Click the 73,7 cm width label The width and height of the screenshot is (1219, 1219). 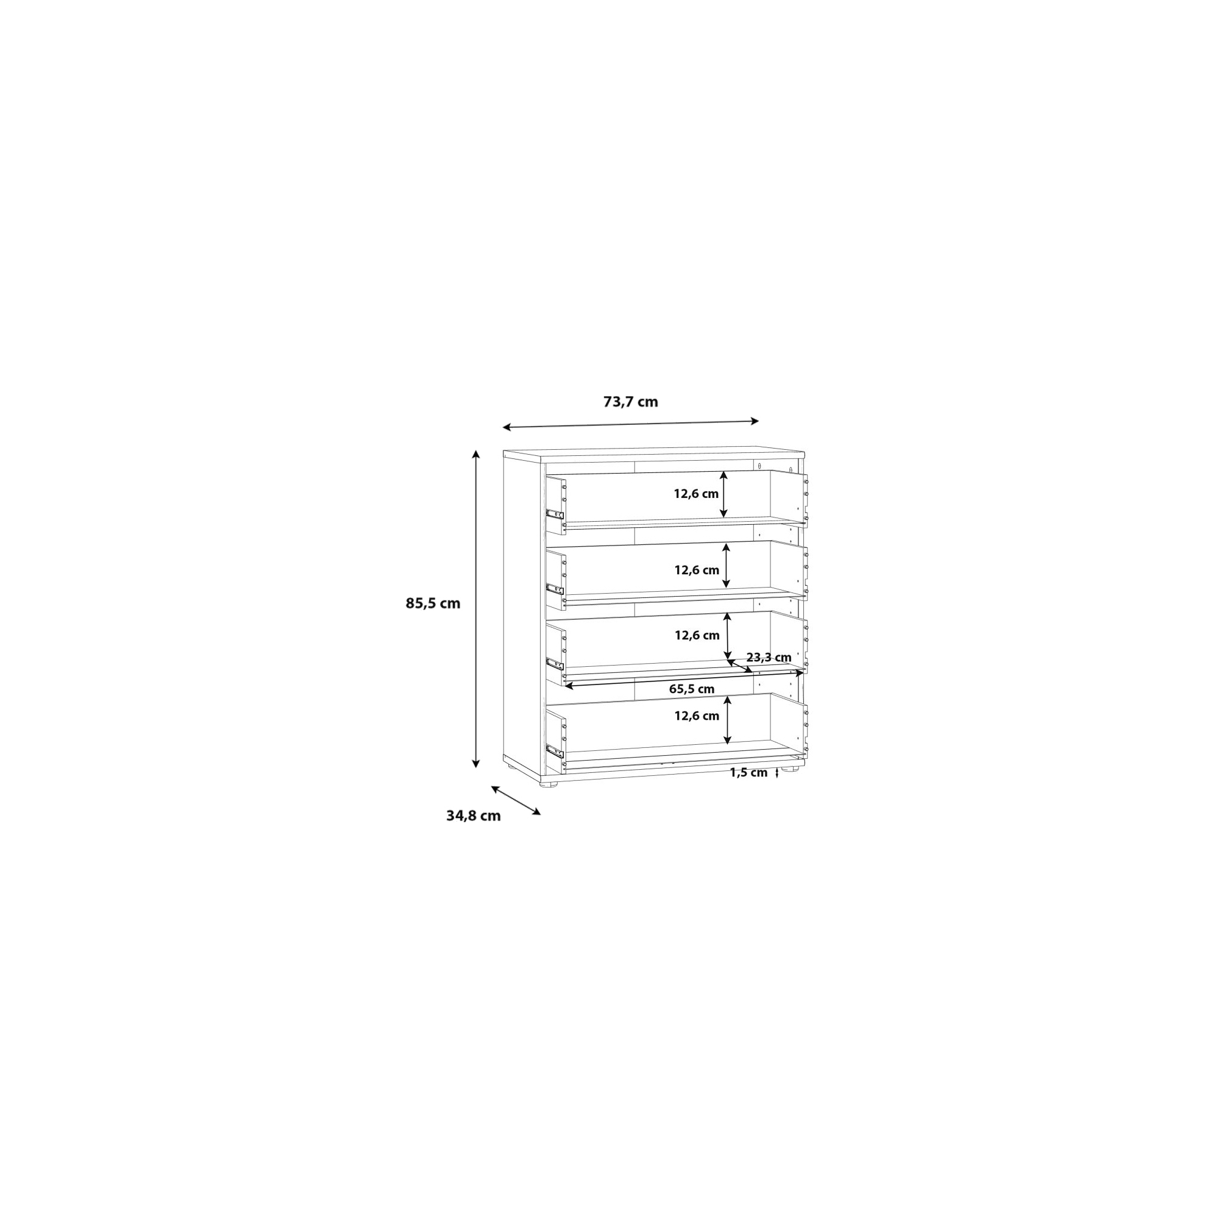point(630,402)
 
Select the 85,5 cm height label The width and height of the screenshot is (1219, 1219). point(433,603)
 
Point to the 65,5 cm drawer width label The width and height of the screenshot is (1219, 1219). point(692,689)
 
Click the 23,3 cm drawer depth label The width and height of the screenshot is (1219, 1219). point(769,658)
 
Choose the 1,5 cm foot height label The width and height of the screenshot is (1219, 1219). point(748,772)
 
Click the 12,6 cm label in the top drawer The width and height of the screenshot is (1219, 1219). point(696,494)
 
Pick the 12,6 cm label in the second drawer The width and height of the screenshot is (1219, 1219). point(697,570)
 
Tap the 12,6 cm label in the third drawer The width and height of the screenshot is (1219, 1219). point(697,635)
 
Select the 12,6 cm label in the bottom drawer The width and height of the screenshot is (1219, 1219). point(697,716)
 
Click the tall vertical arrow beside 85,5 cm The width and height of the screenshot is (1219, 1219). point(477,609)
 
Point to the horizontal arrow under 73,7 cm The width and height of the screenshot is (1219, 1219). point(630,425)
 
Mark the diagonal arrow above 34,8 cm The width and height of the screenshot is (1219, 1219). point(516,801)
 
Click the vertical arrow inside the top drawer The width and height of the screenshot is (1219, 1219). point(723,495)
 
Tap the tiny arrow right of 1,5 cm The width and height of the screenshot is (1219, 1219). point(777,773)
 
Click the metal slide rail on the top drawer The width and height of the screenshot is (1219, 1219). point(555,514)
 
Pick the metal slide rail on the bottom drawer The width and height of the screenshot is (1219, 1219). point(555,751)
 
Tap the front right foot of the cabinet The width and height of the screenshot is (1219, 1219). point(787,769)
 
